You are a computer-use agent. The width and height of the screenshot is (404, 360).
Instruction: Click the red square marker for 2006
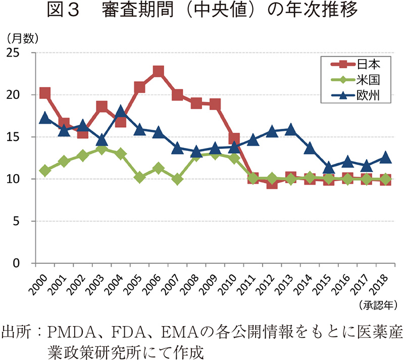click(x=159, y=71)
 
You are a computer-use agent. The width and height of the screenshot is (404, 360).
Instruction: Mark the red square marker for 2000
click(x=45, y=93)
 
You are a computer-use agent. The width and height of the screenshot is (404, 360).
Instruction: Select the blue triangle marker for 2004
click(x=121, y=112)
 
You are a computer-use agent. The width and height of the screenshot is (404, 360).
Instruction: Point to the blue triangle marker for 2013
click(x=291, y=129)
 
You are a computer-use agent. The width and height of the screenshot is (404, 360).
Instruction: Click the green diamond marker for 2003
click(x=102, y=149)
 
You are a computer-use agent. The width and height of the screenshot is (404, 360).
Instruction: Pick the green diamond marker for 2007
click(x=177, y=179)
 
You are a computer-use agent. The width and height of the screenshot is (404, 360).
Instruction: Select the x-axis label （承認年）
click(x=378, y=304)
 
